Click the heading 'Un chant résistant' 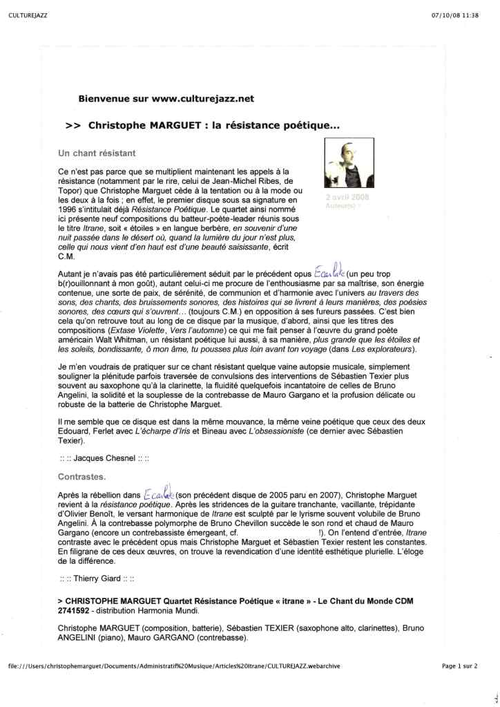point(96,151)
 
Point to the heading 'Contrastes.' point(81,477)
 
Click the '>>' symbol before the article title point(73,126)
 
